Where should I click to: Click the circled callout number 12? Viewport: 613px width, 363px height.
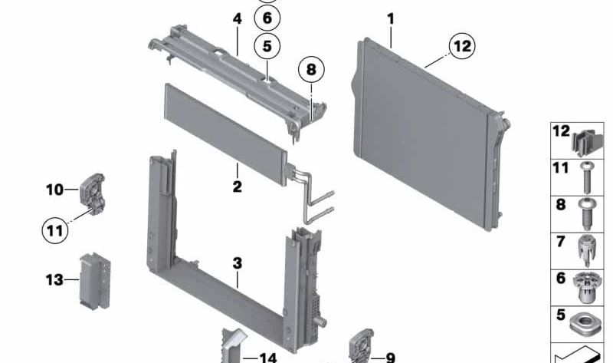(x=462, y=46)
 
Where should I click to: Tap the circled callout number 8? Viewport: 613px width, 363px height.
(x=311, y=70)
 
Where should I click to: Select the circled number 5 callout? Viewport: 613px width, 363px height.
(x=267, y=46)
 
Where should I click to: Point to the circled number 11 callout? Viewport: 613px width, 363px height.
(x=54, y=231)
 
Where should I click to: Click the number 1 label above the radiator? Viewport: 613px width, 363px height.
(x=391, y=18)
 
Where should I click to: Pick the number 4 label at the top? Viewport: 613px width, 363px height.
(x=238, y=18)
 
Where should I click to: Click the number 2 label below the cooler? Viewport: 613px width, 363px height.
(x=238, y=186)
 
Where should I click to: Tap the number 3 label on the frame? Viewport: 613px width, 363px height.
(x=238, y=263)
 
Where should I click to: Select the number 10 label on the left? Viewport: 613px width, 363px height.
(x=54, y=190)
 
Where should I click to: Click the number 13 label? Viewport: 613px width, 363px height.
(x=54, y=280)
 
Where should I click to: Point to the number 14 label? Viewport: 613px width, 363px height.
(x=268, y=358)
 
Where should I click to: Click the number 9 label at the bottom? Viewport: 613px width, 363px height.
(x=390, y=358)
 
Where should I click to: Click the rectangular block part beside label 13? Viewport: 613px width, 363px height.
(x=94, y=281)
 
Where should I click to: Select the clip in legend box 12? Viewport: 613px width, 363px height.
(x=587, y=143)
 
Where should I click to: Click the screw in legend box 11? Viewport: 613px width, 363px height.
(x=587, y=177)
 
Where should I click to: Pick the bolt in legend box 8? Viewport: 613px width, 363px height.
(x=585, y=214)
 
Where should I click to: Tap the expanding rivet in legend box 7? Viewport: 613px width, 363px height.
(x=586, y=251)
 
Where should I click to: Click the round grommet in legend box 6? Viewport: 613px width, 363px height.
(x=587, y=288)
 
